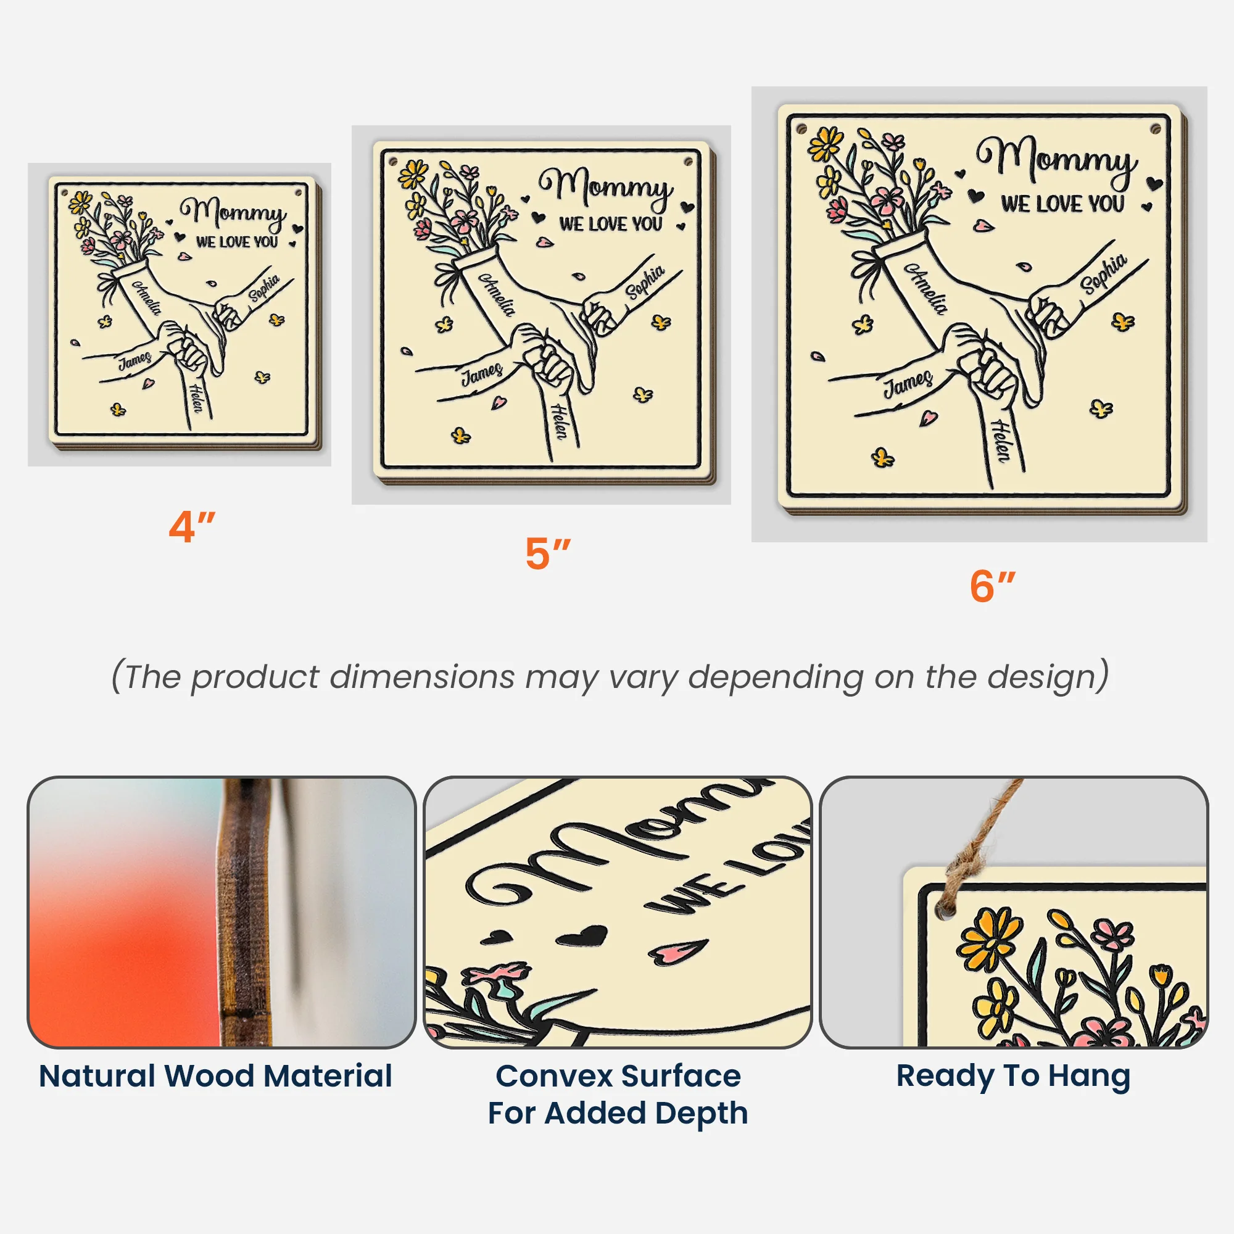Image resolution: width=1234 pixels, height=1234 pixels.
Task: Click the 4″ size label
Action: (192, 528)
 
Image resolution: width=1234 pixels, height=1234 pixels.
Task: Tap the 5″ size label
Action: (548, 553)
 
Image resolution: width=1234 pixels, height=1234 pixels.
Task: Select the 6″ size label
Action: (993, 586)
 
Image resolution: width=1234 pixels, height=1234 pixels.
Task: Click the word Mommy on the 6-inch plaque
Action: (1057, 159)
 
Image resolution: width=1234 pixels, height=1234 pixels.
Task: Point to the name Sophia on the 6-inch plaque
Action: (1104, 274)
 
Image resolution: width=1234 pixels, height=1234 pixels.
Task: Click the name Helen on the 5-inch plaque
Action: (559, 421)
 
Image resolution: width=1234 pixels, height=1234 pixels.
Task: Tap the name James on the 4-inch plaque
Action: (135, 361)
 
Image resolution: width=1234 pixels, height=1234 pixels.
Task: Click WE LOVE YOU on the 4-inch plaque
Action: (237, 242)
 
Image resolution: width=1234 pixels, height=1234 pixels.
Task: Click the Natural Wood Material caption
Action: (216, 1075)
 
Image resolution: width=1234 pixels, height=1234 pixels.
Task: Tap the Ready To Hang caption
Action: (1014, 1077)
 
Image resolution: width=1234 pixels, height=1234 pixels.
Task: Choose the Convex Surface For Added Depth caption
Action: (618, 1095)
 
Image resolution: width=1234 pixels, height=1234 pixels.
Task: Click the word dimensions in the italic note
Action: (422, 676)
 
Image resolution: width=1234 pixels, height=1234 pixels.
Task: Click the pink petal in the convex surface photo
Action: (678, 951)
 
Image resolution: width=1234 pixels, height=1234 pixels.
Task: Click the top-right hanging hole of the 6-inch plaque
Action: (1156, 129)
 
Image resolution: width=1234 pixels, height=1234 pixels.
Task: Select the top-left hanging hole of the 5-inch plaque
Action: (394, 161)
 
